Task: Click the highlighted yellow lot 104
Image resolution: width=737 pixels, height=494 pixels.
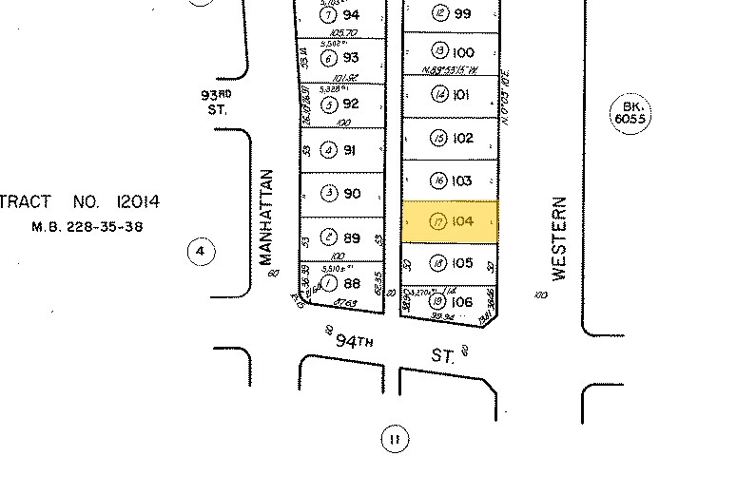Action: pos(450,220)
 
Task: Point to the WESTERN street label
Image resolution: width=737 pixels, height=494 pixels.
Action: pos(559,238)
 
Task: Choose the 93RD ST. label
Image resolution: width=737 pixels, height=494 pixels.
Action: pos(216,102)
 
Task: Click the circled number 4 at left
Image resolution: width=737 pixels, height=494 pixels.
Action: pos(201,252)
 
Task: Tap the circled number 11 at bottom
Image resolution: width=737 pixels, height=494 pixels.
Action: pos(394,439)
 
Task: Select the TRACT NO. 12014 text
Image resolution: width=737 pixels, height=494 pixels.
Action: pos(80,201)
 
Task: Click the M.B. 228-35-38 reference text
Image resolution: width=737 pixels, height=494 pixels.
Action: pos(87,227)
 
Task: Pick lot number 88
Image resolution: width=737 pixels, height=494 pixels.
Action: pos(351,283)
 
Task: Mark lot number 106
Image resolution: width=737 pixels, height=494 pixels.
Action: pos(462,302)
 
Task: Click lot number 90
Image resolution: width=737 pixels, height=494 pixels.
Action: pos(352,194)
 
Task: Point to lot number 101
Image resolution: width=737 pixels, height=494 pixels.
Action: pos(462,95)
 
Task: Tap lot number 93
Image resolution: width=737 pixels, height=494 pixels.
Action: pos(351,58)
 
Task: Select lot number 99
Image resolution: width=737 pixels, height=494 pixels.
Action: pos(463,13)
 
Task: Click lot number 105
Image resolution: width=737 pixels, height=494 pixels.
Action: pos(462,263)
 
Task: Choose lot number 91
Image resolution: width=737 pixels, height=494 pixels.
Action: pos(351,150)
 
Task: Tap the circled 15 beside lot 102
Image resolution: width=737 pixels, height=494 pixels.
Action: pos(438,139)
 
